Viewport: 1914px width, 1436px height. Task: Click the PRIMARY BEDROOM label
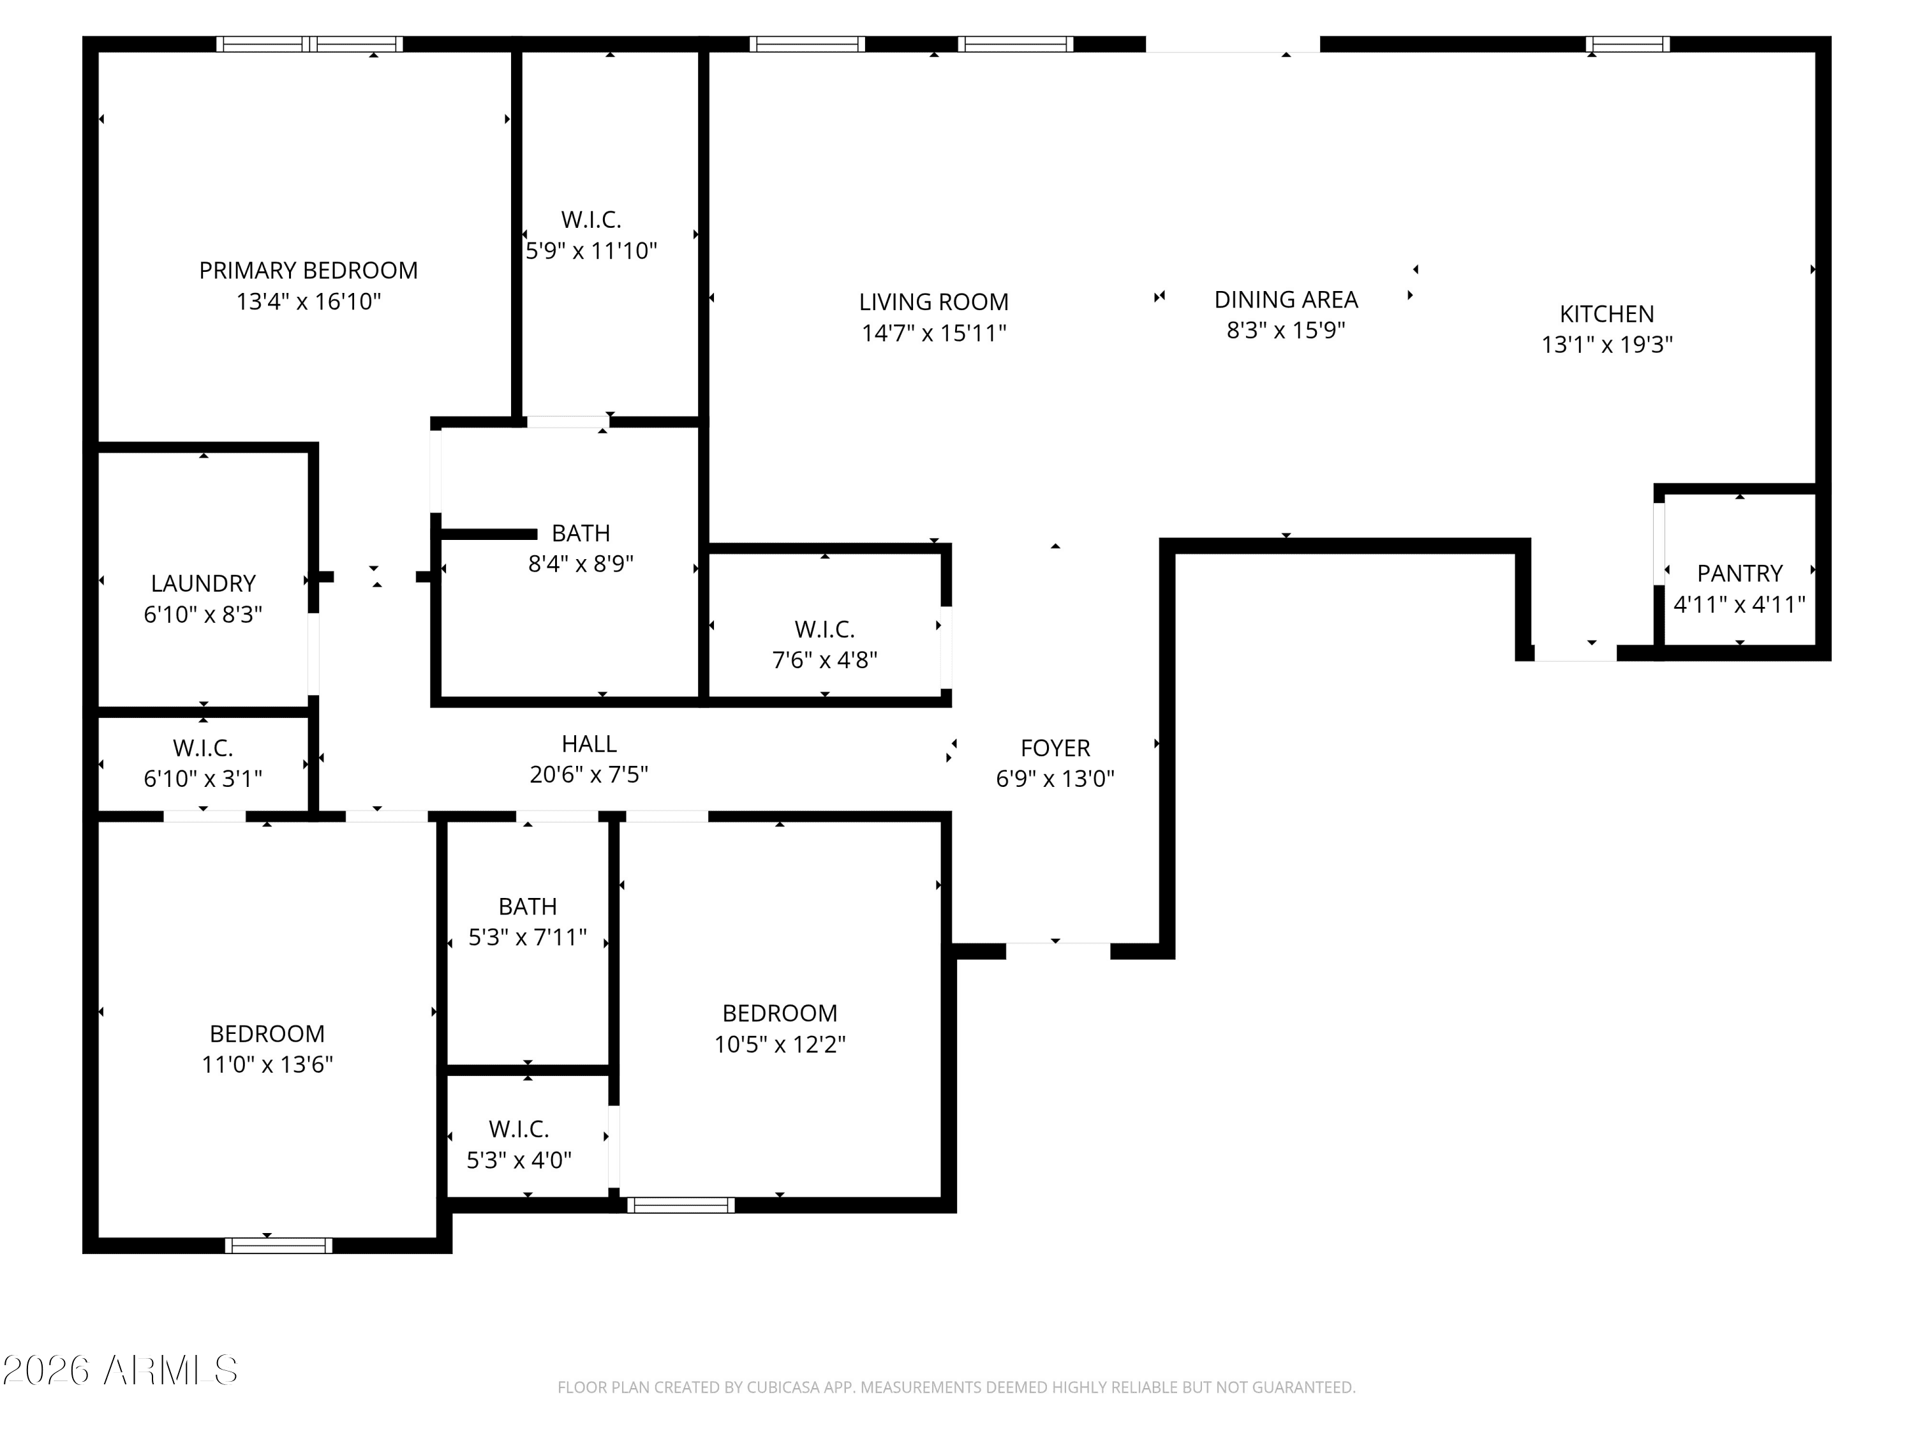click(x=308, y=271)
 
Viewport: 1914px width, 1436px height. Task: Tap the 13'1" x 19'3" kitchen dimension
click(x=1607, y=345)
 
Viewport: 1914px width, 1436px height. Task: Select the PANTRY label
click(x=1739, y=574)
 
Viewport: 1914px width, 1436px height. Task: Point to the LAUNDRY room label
click(x=204, y=583)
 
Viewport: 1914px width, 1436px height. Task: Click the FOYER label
click(x=1055, y=748)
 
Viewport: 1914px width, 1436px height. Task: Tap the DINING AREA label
click(x=1286, y=299)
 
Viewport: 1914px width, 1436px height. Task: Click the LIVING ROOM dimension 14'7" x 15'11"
click(x=933, y=333)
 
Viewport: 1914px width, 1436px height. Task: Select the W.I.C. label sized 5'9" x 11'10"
click(x=591, y=220)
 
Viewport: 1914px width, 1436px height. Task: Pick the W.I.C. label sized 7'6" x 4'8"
click(x=824, y=629)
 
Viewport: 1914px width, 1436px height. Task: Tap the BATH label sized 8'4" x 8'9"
click(x=581, y=533)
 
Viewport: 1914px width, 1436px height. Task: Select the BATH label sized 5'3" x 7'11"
click(x=527, y=906)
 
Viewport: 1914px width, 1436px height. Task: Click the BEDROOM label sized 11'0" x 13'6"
click(x=267, y=1033)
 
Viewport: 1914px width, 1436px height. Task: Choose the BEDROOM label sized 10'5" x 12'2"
click(x=780, y=1013)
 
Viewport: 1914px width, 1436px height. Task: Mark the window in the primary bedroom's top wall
click(x=309, y=44)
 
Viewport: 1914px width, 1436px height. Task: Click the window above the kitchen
click(x=1628, y=44)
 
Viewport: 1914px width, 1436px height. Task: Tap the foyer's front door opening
click(x=1057, y=950)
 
